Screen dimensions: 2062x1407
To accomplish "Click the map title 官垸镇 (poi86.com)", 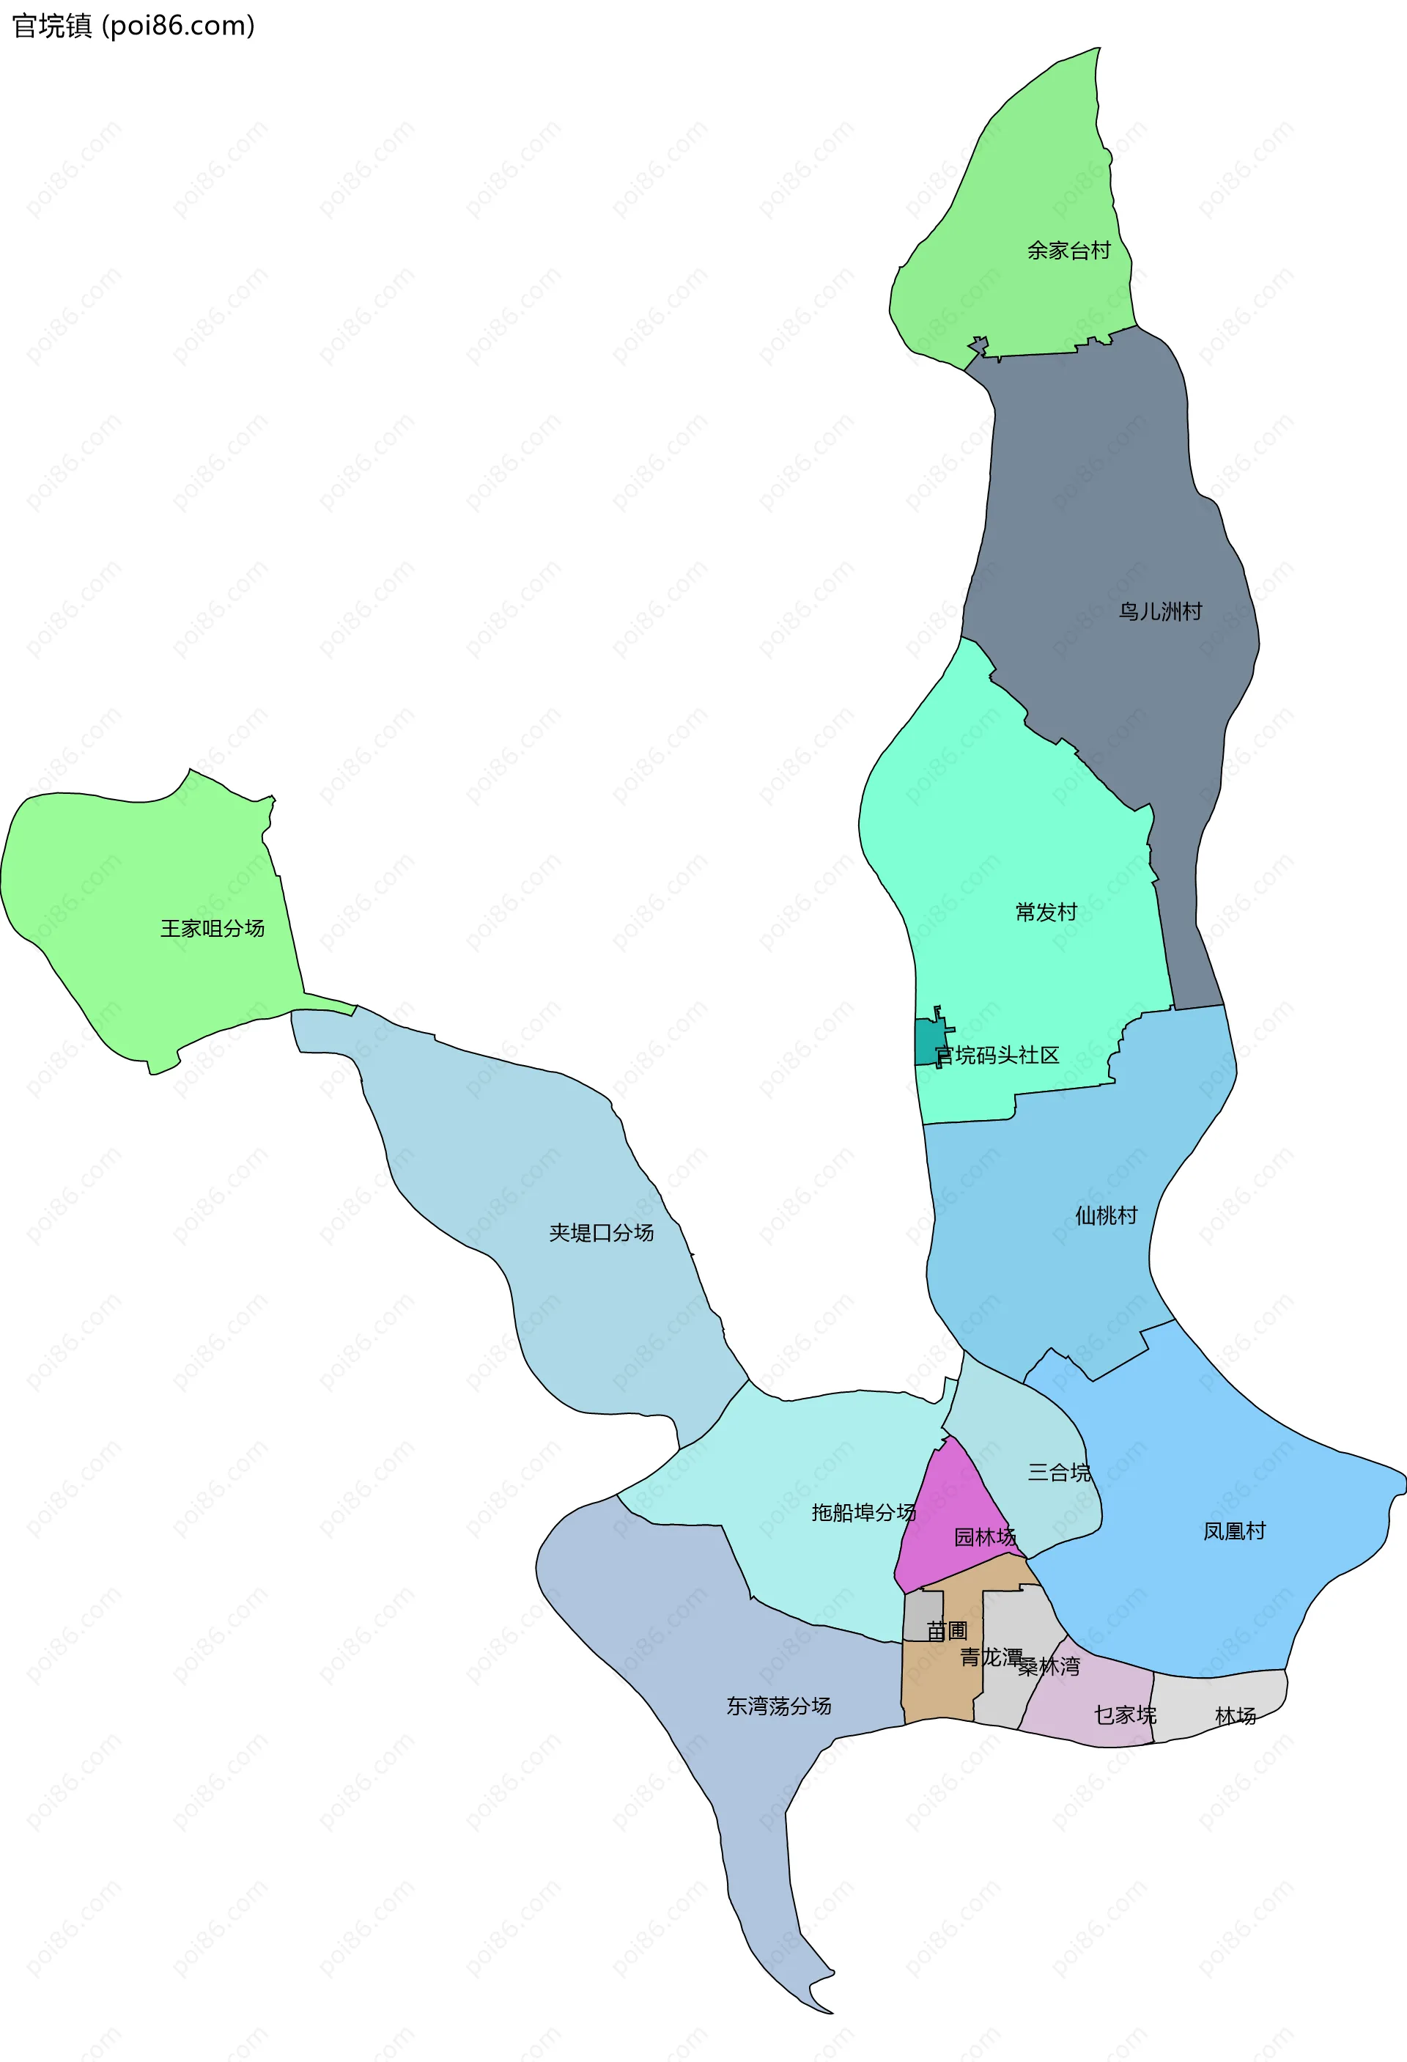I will click(x=133, y=26).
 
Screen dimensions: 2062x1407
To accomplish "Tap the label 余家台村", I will click(x=1068, y=251).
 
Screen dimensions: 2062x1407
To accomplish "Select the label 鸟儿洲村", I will click(x=1159, y=612).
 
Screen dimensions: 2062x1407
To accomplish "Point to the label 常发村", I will click(x=1046, y=912).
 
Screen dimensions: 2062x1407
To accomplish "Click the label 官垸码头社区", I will click(x=997, y=1055).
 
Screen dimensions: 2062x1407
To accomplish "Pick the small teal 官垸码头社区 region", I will click(x=928, y=1043).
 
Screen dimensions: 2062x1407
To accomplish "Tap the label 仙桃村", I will click(x=1105, y=1215).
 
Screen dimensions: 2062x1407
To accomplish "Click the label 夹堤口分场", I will click(x=601, y=1232).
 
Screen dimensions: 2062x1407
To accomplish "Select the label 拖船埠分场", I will click(x=863, y=1512).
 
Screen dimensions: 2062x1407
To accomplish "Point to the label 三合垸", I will click(x=1059, y=1473).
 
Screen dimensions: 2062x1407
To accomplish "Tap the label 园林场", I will click(x=985, y=1536).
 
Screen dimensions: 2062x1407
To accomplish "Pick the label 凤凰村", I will click(x=1234, y=1531).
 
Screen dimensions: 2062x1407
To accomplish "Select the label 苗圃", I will click(x=947, y=1630).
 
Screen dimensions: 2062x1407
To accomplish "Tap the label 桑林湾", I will click(x=1049, y=1666).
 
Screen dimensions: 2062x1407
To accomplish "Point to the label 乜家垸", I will click(x=1124, y=1715).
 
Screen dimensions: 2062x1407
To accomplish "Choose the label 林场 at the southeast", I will click(x=1235, y=1716).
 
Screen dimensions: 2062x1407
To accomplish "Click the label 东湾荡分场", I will click(x=778, y=1705).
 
